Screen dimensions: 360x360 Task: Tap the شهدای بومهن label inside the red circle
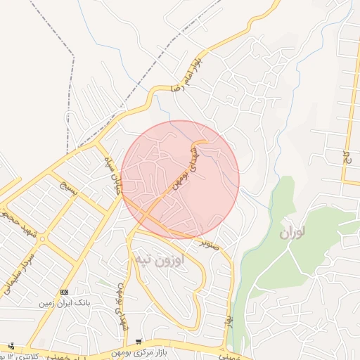tap(186, 170)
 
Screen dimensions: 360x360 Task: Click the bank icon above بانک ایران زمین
tap(65, 291)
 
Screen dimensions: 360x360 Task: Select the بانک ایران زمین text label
tap(66, 302)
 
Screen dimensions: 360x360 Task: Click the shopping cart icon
tap(139, 340)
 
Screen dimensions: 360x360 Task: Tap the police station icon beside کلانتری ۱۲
tap(11, 345)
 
